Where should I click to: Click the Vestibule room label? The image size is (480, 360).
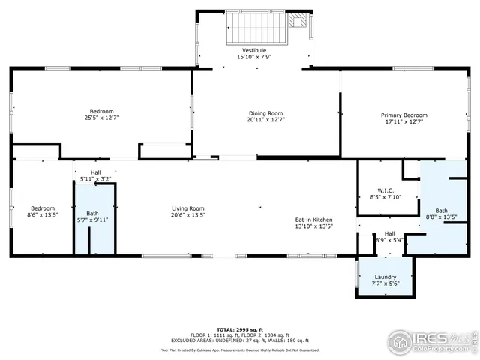253,50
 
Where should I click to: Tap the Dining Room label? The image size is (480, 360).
265,112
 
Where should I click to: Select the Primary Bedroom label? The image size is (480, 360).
403,115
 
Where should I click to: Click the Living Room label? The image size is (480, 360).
187,208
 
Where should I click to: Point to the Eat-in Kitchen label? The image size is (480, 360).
313,219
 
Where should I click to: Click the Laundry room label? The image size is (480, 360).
385,277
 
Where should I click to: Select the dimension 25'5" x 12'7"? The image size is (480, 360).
102,118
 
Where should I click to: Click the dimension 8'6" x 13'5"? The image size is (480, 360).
42,214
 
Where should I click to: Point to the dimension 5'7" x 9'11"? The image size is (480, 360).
93,220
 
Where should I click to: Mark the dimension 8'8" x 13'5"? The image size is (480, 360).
441,217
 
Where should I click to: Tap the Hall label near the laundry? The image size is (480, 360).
389,233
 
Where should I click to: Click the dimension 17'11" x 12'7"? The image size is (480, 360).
403,121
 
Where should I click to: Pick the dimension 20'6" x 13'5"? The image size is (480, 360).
187,214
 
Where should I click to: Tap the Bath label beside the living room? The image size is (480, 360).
93,213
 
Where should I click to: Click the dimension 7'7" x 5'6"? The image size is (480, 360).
385,283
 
